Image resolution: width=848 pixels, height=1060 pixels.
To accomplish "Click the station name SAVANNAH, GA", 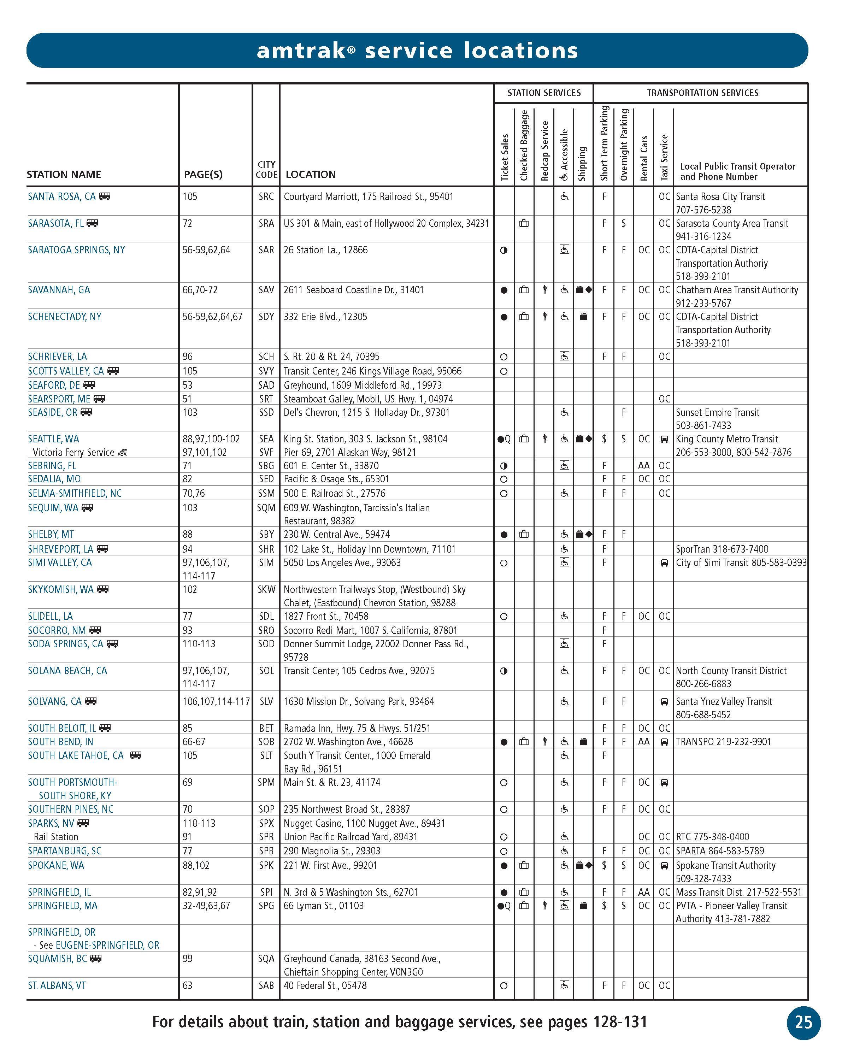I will tap(59, 290).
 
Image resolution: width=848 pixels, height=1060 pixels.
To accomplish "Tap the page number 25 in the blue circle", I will tap(803, 1022).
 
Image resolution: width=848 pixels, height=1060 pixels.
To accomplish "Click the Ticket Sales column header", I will tap(504, 157).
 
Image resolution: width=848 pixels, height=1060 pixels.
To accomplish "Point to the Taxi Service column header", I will tap(664, 157).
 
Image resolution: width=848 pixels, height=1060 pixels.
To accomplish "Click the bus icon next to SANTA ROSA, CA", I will tap(104, 197).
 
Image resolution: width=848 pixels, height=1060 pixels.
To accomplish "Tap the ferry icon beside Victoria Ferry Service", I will tap(122, 452).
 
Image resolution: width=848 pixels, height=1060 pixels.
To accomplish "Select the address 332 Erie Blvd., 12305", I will tap(325, 317).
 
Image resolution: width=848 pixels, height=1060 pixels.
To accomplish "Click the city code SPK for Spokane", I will tap(266, 865).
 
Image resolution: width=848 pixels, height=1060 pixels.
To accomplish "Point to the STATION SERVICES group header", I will tap(544, 93).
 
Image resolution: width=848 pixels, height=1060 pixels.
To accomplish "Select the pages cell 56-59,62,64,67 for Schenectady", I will tap(212, 317).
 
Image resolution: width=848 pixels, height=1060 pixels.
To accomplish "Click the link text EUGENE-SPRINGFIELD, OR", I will tap(107, 945).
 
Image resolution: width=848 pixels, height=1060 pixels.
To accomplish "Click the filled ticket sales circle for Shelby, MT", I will tap(503, 535).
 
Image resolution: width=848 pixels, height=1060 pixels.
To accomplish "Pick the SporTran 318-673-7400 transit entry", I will tap(722, 549).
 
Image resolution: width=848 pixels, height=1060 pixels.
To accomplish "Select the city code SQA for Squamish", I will tap(266, 958).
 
